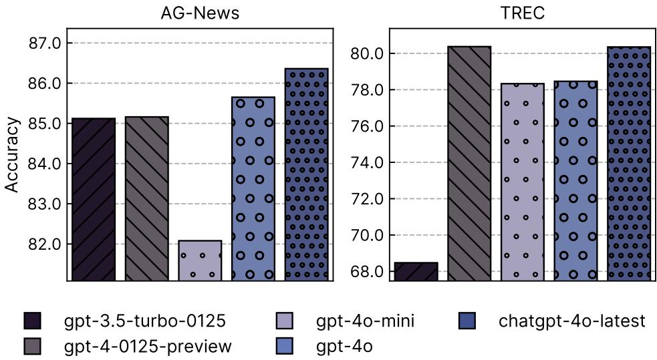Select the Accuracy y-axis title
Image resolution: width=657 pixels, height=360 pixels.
12,155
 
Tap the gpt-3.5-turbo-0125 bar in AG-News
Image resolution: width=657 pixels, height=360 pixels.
93,199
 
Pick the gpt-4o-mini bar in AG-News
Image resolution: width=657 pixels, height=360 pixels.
200,260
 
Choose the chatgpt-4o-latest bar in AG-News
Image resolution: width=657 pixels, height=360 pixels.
307,174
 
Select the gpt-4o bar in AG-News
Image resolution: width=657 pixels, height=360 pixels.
253,188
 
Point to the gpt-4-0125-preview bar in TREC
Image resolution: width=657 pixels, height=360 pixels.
469,164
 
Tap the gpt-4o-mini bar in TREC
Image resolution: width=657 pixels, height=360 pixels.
523,182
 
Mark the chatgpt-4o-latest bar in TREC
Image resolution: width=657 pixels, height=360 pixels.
629,164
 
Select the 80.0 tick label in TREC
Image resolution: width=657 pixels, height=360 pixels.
367,54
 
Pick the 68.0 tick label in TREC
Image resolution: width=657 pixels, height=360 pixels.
367,272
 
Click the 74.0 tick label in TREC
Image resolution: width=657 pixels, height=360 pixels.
367,163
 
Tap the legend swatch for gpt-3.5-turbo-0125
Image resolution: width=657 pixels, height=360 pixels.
31,321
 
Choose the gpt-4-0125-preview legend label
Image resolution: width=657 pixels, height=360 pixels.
148,346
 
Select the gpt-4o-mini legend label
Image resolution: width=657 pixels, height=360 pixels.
366,321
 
